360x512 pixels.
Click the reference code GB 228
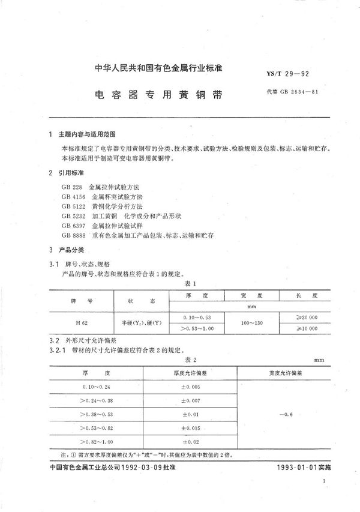(x=70, y=187)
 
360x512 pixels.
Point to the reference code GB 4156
(x=71, y=196)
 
